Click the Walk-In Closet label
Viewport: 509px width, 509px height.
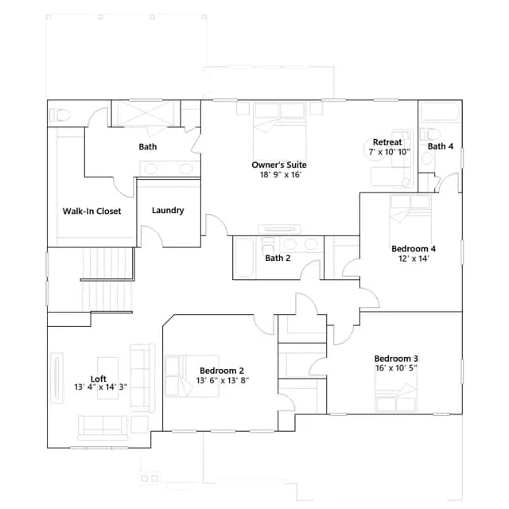[x=91, y=212]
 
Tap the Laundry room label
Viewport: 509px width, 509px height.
[x=168, y=210]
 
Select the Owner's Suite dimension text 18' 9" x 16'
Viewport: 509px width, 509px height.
[x=281, y=175]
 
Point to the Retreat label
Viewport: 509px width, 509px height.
[x=387, y=142]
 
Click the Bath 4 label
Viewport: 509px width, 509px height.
[x=440, y=146]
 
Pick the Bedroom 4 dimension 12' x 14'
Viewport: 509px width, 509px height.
[x=414, y=258]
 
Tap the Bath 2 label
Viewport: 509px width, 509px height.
[x=278, y=258]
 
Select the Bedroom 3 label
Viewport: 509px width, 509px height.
[x=396, y=359]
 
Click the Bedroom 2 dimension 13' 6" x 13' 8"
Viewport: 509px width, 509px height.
[x=223, y=380]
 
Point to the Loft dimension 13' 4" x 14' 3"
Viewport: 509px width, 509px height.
[x=101, y=387]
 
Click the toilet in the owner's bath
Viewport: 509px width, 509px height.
[x=60, y=115]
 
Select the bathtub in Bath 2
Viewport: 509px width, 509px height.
[x=244, y=258]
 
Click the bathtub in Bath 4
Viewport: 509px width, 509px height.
[x=440, y=112]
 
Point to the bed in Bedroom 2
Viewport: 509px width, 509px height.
[x=192, y=376]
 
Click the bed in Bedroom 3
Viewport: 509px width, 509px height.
[x=396, y=398]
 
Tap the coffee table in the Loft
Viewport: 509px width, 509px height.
[x=108, y=379]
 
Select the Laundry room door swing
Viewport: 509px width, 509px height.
[x=152, y=236]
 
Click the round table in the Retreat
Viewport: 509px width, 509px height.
[x=373, y=149]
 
